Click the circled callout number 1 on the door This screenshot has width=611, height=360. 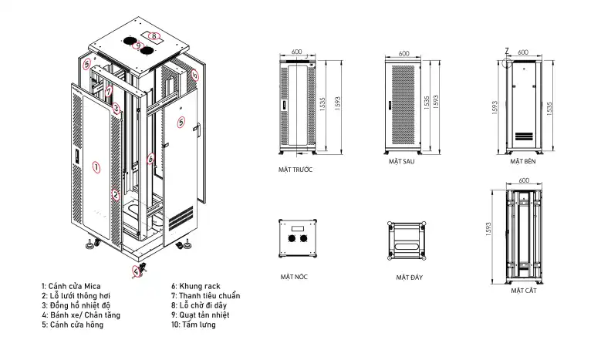click(x=96, y=168)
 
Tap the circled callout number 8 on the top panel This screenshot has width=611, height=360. click(x=154, y=36)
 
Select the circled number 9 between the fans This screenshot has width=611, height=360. click(x=138, y=46)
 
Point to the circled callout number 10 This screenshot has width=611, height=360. click(x=195, y=75)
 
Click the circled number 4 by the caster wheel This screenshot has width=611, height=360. click(x=136, y=271)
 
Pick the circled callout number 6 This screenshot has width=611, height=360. click(x=150, y=159)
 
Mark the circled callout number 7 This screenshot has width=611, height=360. click(x=109, y=92)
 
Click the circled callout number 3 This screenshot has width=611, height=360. click(x=116, y=108)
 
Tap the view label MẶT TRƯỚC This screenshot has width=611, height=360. click(x=295, y=170)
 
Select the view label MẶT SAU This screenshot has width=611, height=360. click(x=401, y=161)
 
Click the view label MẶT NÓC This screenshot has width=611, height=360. click(x=294, y=277)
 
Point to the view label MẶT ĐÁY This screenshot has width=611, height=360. click(x=409, y=278)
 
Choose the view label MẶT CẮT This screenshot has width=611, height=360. click(x=524, y=291)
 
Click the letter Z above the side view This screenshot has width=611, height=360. click(x=507, y=51)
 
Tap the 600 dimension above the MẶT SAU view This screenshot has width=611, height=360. click(x=404, y=53)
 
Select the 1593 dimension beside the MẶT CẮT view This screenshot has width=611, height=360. click(x=488, y=230)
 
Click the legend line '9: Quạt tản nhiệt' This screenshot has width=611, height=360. click(x=201, y=315)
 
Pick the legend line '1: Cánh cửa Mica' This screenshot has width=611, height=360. click(x=71, y=286)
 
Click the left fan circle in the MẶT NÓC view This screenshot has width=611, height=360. click(x=292, y=238)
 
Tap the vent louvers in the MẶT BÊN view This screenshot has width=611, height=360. click(x=524, y=136)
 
